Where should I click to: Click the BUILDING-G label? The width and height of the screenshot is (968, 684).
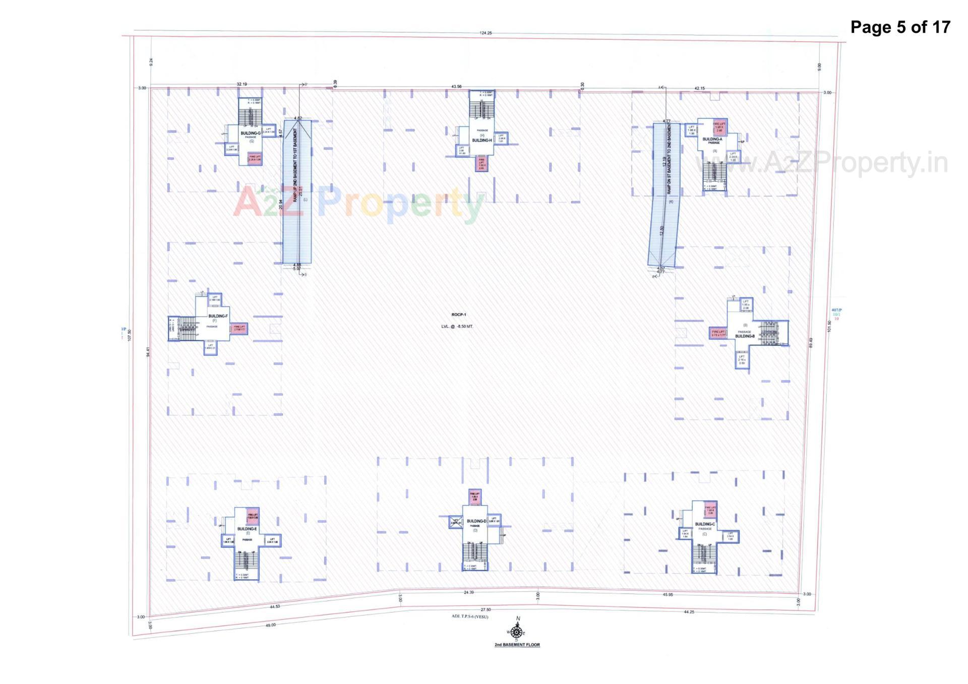pos(251,133)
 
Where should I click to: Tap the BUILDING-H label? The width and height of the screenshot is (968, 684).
pos(481,140)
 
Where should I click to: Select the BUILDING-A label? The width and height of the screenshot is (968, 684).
pos(712,139)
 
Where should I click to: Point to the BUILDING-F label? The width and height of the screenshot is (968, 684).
pos(218,316)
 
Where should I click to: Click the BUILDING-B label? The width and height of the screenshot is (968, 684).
pos(745,336)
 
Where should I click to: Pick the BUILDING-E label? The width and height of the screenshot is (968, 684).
pos(247,529)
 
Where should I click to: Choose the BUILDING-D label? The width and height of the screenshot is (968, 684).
pos(476,521)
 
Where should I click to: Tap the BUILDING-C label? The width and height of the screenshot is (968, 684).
pos(705,524)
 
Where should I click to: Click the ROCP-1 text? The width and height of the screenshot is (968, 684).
pos(459,315)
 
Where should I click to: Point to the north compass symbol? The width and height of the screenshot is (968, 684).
pos(516,632)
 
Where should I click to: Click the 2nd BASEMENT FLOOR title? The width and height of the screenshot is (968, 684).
pos(517,645)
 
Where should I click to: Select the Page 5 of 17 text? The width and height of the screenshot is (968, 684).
pos(900,27)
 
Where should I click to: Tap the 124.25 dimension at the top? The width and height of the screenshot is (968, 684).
pos(486,33)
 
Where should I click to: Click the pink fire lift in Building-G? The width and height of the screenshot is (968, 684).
pos(254,159)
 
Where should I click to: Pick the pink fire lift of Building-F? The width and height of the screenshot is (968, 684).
pos(239,328)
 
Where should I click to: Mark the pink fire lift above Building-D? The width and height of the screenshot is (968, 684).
pos(475,496)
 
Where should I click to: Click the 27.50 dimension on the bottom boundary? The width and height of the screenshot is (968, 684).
pos(486,610)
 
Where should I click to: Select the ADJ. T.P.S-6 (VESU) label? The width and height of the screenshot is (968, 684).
pos(470,616)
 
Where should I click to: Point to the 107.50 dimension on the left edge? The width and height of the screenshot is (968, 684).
pos(130,335)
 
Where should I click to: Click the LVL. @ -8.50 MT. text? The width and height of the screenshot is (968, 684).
pos(457,327)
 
